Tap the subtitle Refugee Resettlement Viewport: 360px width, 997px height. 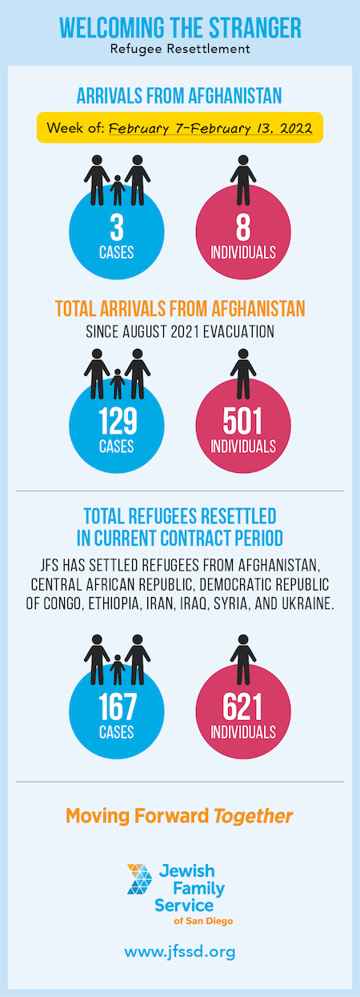coord(180,49)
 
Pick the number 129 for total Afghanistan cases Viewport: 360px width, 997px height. coord(118,421)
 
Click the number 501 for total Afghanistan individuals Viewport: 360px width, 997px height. coord(243,421)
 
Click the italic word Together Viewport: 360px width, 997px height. coord(254,816)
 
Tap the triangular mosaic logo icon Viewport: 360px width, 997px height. coord(140,879)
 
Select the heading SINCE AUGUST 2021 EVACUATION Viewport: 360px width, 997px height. coord(180,332)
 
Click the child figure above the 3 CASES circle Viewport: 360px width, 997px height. coord(118,190)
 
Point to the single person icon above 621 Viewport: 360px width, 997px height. coord(243,659)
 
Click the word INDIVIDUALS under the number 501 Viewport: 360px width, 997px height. coord(243,446)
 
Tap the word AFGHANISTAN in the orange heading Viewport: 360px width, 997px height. coord(258,308)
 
